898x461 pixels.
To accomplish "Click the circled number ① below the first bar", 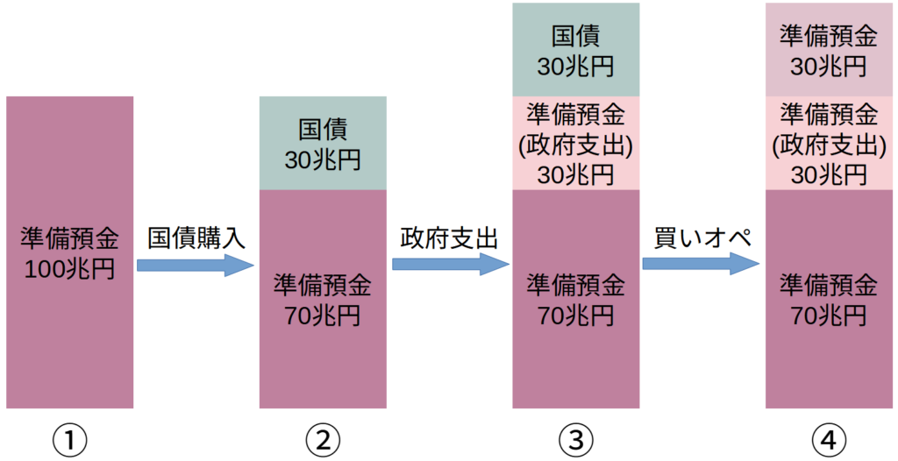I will [69, 439].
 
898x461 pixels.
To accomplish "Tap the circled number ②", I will [323, 439].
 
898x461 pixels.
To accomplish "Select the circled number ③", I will [575, 439].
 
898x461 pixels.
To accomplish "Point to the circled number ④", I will [829, 439].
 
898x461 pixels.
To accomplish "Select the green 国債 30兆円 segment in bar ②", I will [323, 143].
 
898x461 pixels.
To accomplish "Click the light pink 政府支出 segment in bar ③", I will [575, 143].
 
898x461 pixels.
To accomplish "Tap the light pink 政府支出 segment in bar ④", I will [829, 143].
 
